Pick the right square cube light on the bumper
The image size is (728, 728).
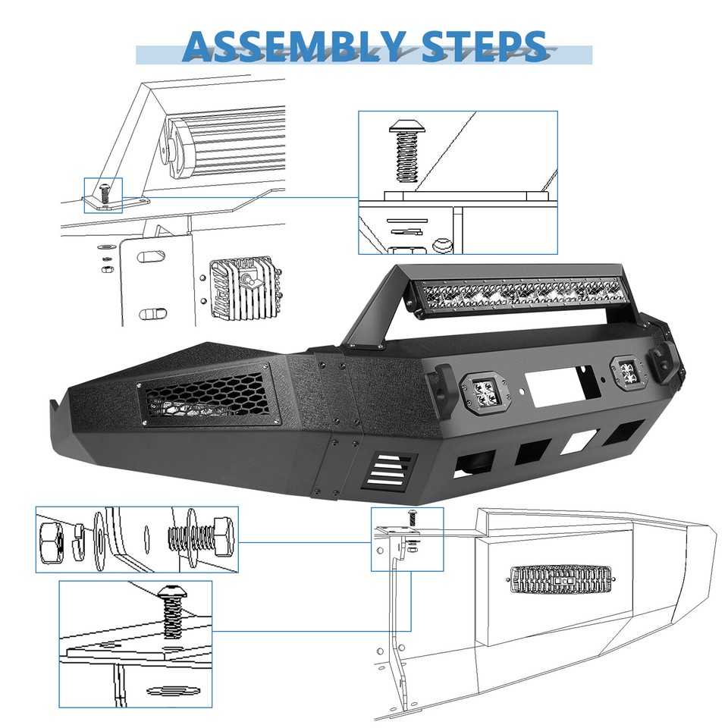(626, 372)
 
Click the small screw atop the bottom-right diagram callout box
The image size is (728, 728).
(412, 517)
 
